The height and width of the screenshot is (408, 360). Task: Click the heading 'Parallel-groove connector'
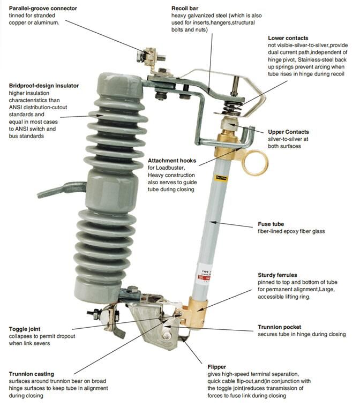(43, 9)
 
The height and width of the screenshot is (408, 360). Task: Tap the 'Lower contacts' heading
(288, 38)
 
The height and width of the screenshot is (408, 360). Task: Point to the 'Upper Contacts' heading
(288, 132)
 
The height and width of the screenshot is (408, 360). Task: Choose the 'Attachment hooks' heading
(172, 161)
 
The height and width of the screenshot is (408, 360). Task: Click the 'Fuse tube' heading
(271, 224)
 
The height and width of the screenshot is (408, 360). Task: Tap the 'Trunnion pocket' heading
(279, 327)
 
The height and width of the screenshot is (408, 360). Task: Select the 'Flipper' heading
(218, 368)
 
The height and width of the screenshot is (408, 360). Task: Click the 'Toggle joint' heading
(25, 329)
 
